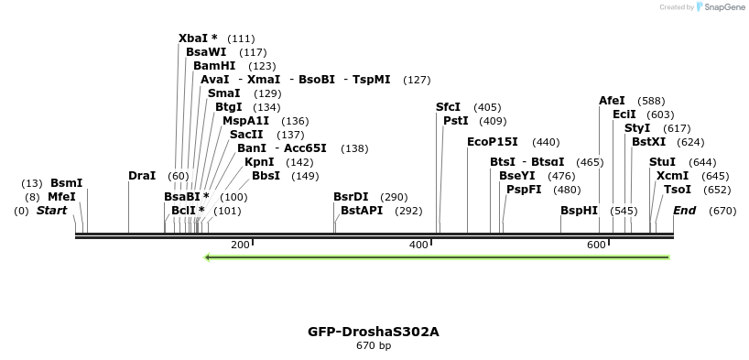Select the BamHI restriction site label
(x=214, y=66)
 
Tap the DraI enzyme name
(x=142, y=175)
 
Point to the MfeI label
(x=61, y=196)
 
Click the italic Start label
(x=51, y=211)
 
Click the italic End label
(x=685, y=211)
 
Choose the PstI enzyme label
(x=455, y=121)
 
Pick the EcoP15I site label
(x=493, y=142)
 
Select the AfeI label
(x=612, y=100)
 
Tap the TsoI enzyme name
(x=678, y=190)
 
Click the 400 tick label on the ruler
(x=418, y=245)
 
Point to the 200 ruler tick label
(x=240, y=245)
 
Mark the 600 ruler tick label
(x=596, y=245)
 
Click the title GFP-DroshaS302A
(x=374, y=331)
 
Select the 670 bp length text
(x=374, y=346)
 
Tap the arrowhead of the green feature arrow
(x=209, y=257)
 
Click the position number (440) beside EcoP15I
(x=546, y=142)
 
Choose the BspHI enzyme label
(x=579, y=211)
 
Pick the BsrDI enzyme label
(x=351, y=196)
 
